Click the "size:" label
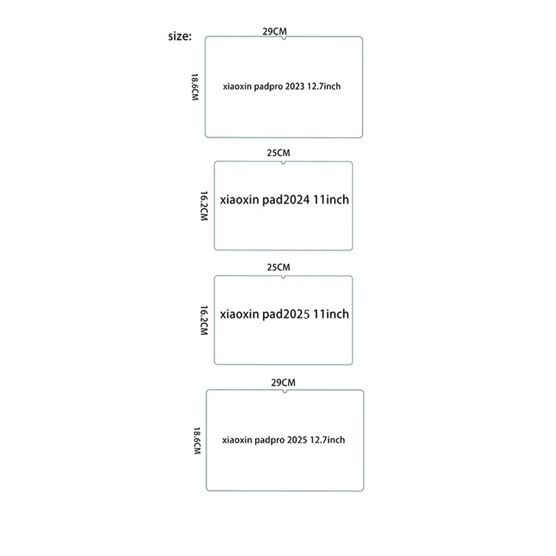pos(180,36)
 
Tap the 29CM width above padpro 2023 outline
pos(274,32)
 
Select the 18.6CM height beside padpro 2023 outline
pos(195,87)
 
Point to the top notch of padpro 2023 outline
pos(284,38)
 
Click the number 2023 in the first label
pos(295,86)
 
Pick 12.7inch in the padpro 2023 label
pos(324,86)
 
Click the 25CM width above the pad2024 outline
pos(279,153)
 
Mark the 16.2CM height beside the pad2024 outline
pos(204,206)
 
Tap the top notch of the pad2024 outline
pos(284,163)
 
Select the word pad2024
pos(286,200)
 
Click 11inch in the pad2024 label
pos(331,200)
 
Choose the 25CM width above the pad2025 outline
pos(279,267)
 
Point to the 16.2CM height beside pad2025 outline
pos(204,320)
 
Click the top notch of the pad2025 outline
pos(284,277)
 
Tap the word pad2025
pos(286,314)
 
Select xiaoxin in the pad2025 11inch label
pos(239,314)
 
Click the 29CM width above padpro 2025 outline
pos(283,382)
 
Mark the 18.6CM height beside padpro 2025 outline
pos(197,440)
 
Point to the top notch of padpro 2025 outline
pos(285,392)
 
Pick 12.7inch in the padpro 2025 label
pos(327,440)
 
